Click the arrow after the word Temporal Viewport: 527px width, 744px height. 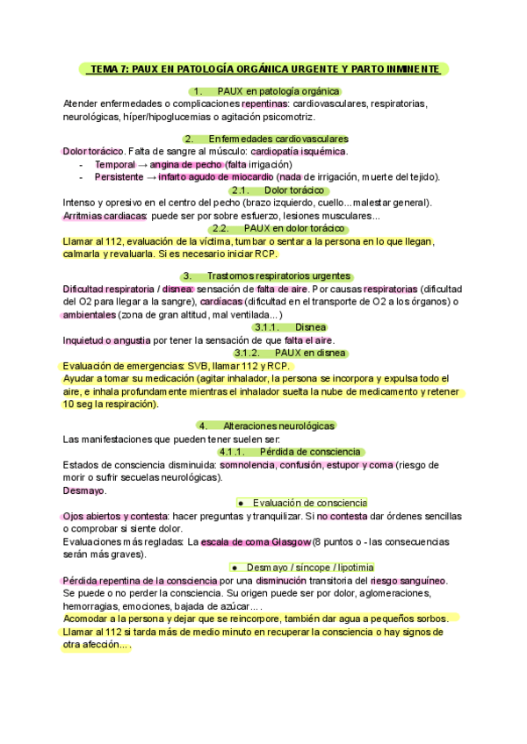[x=142, y=164]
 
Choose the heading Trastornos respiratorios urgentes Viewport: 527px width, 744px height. [x=278, y=275]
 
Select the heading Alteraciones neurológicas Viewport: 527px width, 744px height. [x=279, y=426]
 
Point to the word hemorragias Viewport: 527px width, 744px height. [x=93, y=605]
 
